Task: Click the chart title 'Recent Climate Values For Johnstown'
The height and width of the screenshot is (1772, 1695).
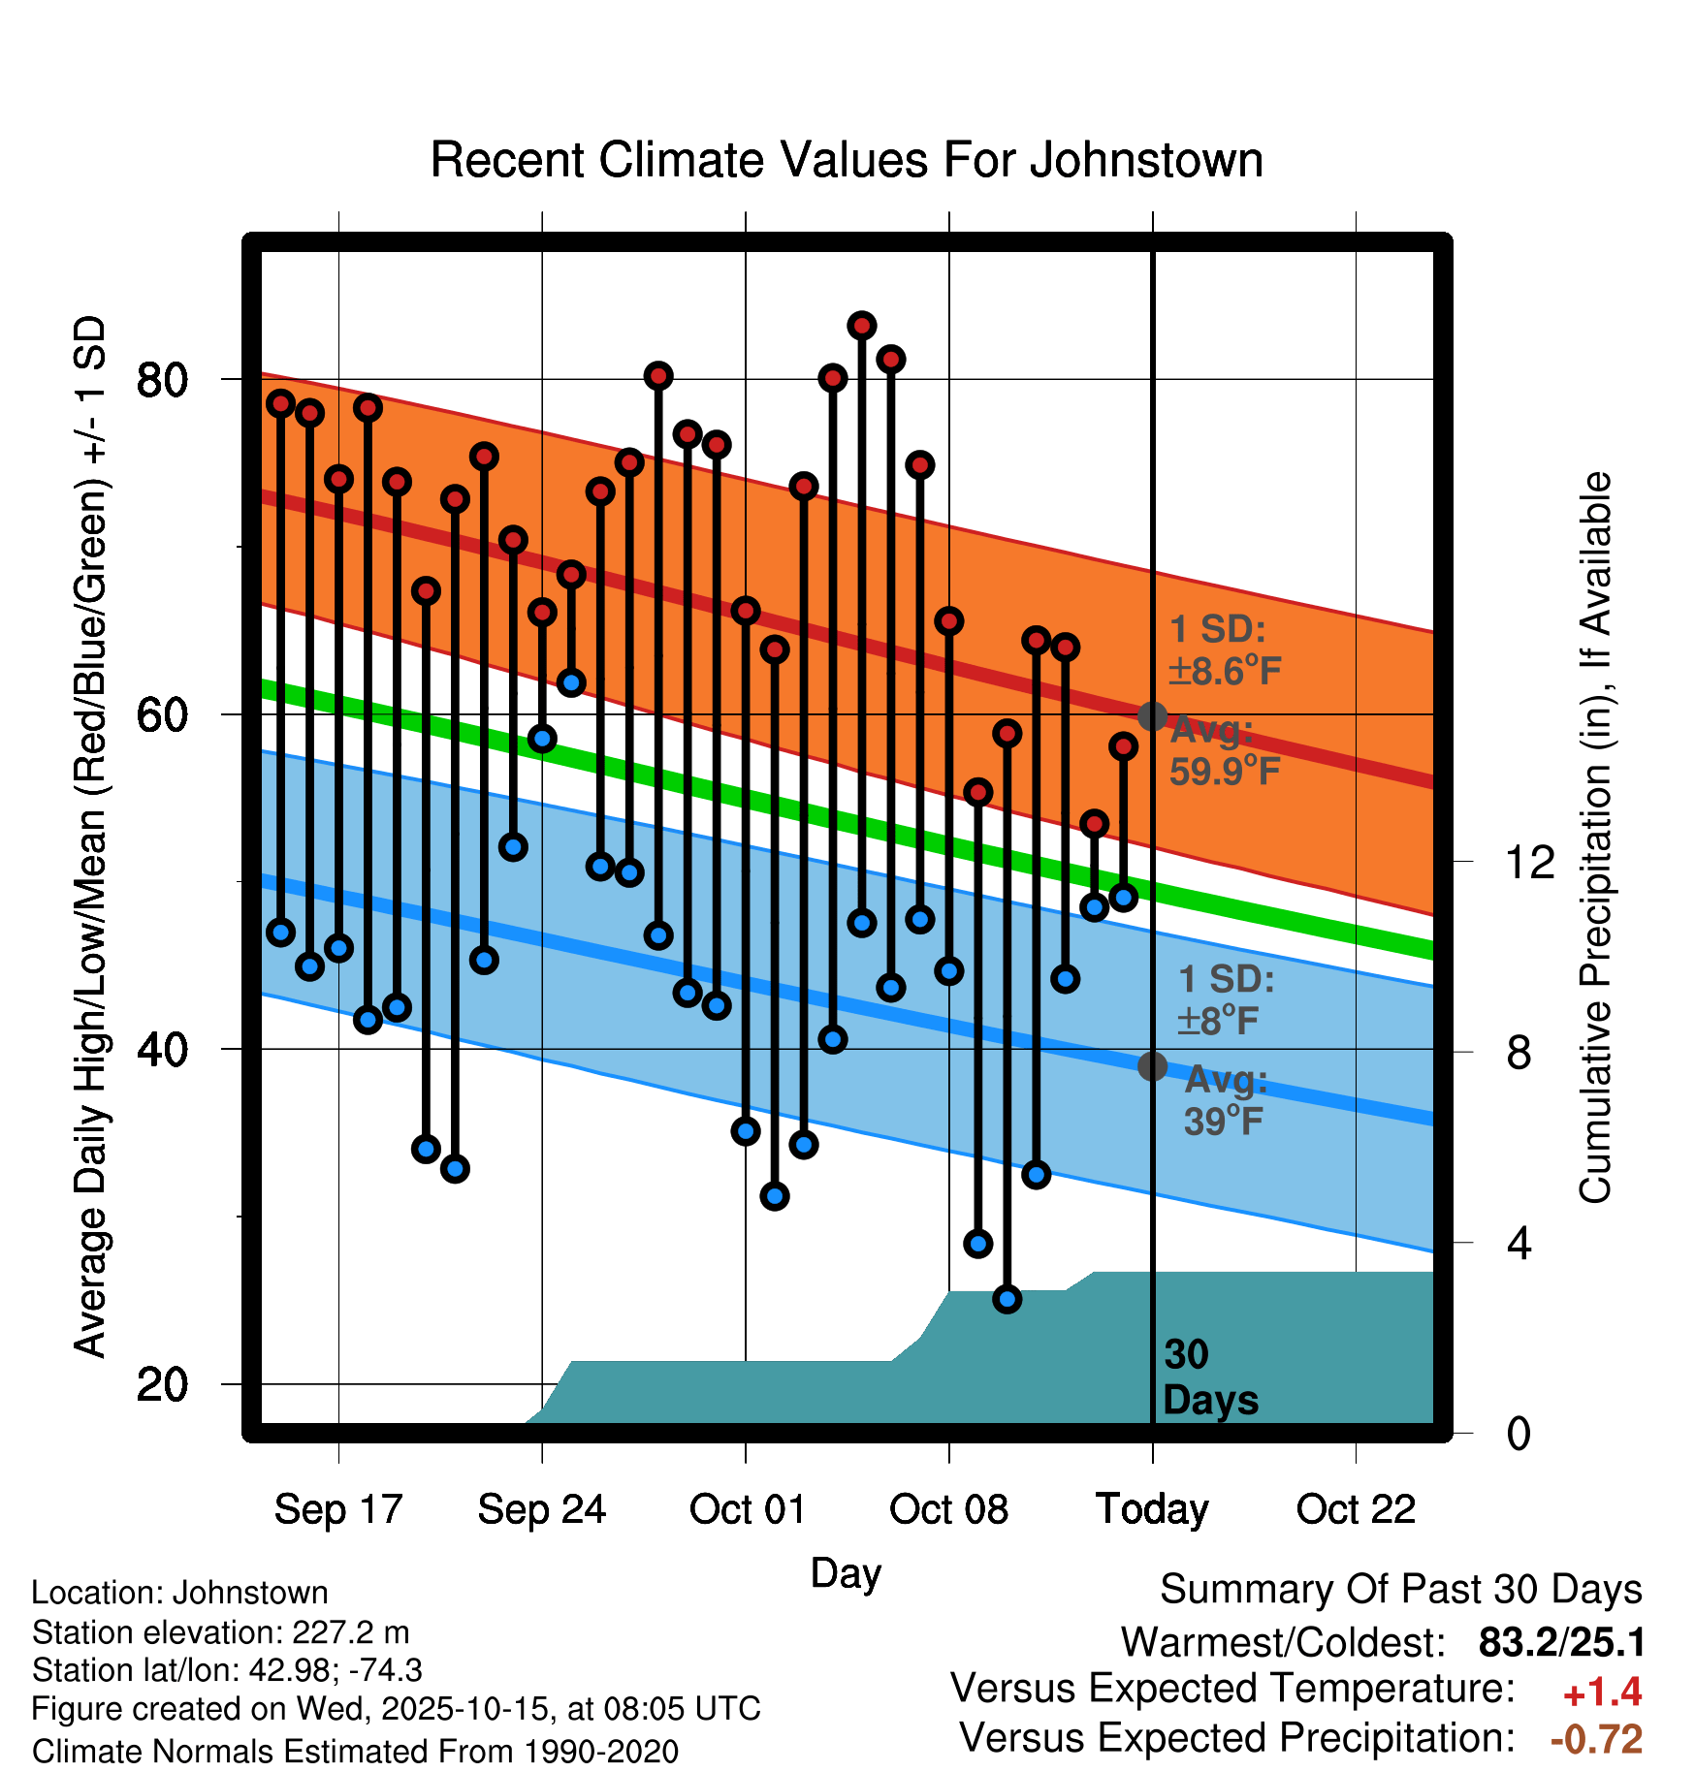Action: (847, 160)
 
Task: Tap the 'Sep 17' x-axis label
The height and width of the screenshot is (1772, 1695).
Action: (337, 1509)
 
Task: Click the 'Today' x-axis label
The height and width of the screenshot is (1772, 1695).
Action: (1152, 1509)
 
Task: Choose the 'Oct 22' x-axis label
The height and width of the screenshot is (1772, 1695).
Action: (1356, 1509)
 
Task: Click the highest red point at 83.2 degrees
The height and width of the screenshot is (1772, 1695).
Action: (862, 326)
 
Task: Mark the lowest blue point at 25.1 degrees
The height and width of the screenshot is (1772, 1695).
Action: (1007, 1299)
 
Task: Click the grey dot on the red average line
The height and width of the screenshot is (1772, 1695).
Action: (1152, 716)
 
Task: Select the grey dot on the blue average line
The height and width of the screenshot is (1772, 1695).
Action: (1152, 1066)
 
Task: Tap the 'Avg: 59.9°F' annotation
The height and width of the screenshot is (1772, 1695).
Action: (1224, 751)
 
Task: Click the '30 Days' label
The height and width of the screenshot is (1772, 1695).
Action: (1209, 1377)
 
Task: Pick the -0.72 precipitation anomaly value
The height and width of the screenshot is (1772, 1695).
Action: (1596, 1739)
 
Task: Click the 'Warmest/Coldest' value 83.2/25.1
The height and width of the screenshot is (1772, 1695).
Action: (1561, 1642)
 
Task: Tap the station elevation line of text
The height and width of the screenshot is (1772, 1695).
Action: (220, 1632)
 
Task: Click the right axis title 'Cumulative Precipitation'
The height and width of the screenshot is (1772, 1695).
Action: (1594, 838)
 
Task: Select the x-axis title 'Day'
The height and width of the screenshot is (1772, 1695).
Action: (846, 1572)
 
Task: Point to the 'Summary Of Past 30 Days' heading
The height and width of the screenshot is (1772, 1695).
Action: (1400, 1590)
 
